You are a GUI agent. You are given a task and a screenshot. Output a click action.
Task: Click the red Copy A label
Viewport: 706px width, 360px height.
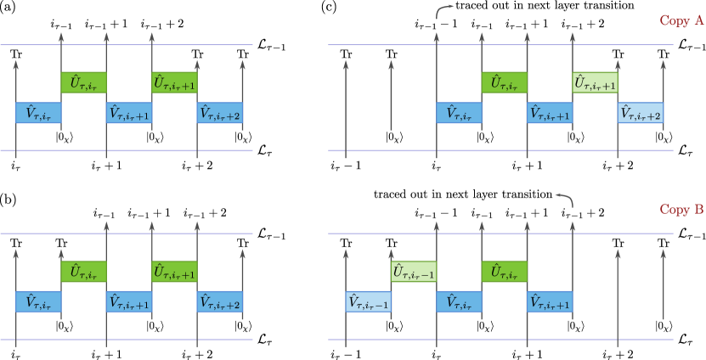pos(681,21)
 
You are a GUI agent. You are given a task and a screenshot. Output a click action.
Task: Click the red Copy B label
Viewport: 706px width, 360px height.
pos(681,210)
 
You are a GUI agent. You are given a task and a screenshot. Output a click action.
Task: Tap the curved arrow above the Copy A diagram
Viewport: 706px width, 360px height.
pos(444,10)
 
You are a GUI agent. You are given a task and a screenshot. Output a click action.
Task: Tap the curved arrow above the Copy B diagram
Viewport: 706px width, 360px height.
pos(565,199)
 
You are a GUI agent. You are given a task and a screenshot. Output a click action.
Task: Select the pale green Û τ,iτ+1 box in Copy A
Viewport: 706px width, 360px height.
pos(595,82)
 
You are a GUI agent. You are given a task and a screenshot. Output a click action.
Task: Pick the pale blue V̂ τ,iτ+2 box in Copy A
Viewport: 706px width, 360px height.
pos(640,113)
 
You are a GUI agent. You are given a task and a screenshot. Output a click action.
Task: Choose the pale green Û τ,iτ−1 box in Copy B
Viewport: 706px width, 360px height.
pos(413,272)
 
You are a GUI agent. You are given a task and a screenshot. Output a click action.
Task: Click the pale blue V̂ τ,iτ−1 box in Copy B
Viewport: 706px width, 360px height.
pos(368,301)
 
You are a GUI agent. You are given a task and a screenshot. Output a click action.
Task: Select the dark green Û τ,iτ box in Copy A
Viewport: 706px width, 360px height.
pos(504,82)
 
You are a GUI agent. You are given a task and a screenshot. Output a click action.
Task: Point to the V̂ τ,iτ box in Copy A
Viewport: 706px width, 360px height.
pos(459,113)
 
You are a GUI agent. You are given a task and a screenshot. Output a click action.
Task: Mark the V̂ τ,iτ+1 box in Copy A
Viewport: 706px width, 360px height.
pos(550,113)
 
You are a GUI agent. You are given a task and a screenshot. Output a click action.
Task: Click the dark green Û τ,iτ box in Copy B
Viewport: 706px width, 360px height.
pos(504,272)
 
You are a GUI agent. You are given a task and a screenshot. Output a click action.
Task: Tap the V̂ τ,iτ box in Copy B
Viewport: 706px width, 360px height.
pos(459,301)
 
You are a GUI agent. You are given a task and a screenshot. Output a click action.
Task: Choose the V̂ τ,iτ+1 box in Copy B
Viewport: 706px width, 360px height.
pos(550,301)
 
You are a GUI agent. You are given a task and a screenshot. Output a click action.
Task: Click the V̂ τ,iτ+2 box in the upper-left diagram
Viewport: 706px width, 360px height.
pos(219,113)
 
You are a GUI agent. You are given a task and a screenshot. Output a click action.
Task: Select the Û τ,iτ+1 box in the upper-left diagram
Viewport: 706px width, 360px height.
pos(174,82)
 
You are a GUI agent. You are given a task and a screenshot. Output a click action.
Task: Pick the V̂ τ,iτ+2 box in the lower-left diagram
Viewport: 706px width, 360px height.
pos(219,301)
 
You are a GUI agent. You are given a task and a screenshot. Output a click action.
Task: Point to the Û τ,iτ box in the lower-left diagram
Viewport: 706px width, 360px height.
pos(83,272)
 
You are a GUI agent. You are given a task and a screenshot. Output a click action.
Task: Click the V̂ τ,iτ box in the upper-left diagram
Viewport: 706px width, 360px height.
pos(38,113)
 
